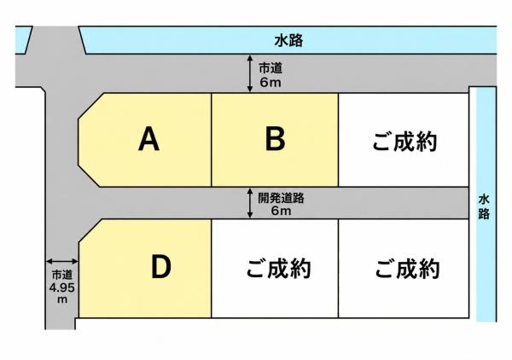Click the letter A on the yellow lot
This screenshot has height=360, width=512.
point(148,139)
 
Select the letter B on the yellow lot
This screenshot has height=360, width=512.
point(275,139)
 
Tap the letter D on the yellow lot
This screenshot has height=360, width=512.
point(161,267)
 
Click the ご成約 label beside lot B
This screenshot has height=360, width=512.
point(404,142)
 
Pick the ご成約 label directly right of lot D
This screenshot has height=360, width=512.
point(278,268)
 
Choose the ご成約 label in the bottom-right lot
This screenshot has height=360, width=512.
point(407,268)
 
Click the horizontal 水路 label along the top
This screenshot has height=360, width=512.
point(288,41)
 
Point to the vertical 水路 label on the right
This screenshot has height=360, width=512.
point(484,207)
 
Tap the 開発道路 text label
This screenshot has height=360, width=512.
point(281,198)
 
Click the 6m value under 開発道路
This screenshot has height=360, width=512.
point(281,211)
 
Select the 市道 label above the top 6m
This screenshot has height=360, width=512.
point(271,68)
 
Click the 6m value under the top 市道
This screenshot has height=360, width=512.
point(271,82)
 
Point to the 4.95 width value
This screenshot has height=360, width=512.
point(62,287)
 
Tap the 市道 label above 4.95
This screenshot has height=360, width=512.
point(62,275)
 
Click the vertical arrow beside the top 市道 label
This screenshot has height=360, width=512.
point(250,73)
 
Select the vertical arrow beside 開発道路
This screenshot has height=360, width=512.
point(250,203)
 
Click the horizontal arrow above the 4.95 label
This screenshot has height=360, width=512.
point(62,261)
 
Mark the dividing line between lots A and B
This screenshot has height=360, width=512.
point(212,140)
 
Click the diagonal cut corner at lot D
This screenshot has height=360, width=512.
point(90,230)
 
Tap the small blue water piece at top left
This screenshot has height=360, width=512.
point(23,40)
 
